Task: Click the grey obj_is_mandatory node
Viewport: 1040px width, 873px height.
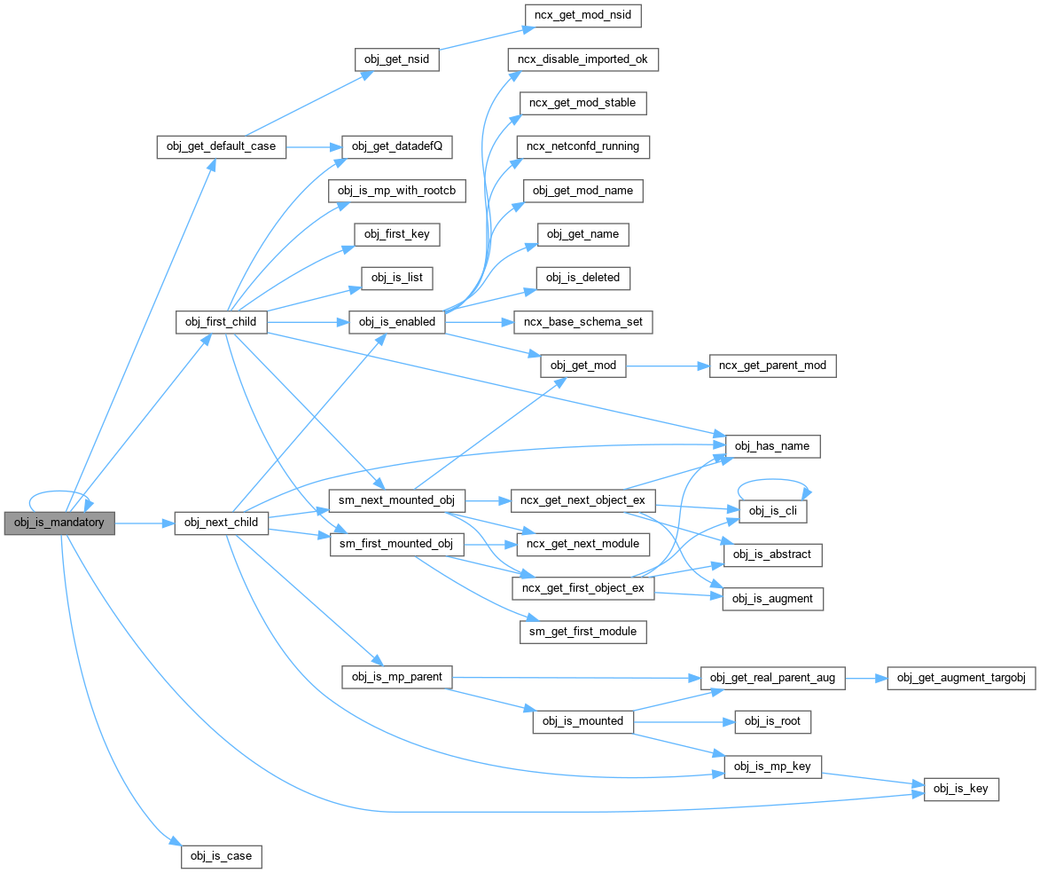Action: (x=59, y=523)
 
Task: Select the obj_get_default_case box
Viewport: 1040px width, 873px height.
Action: (x=221, y=146)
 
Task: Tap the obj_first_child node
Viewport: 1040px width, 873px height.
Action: (x=221, y=321)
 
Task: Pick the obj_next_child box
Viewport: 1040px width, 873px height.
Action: (x=221, y=523)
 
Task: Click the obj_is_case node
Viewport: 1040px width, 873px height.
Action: (x=221, y=856)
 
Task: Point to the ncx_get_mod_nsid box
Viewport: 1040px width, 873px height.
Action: (x=582, y=15)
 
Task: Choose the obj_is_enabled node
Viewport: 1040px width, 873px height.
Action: (x=396, y=322)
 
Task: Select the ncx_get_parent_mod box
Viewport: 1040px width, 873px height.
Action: (x=773, y=366)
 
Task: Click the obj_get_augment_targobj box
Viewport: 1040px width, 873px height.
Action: (x=961, y=678)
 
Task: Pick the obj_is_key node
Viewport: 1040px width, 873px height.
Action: (x=961, y=789)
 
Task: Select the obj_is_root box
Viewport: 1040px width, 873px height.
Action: (x=772, y=721)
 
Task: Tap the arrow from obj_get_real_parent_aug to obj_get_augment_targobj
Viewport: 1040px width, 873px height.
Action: (x=865, y=679)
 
